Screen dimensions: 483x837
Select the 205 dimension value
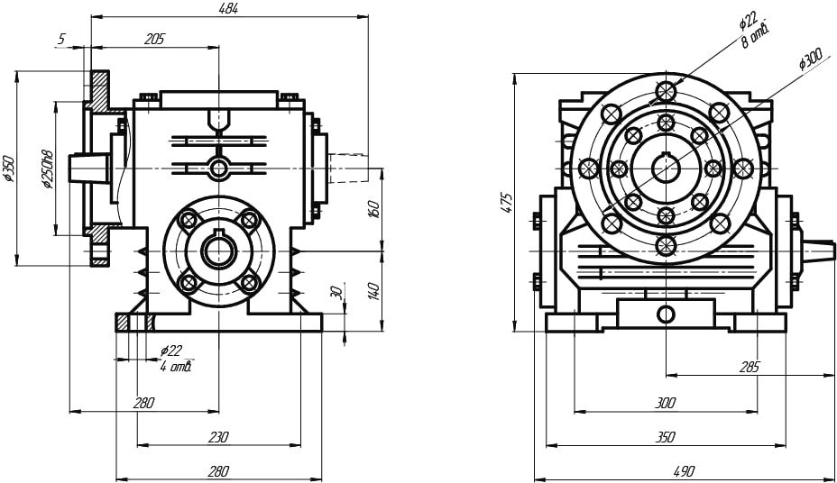pyautogui.click(x=154, y=39)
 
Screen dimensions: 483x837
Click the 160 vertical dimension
pyautogui.click(x=374, y=208)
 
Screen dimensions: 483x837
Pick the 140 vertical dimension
pyautogui.click(x=374, y=290)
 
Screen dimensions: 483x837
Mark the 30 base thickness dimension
pyautogui.click(x=336, y=294)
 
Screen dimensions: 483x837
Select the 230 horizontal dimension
pyautogui.click(x=218, y=436)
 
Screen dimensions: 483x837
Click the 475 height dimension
pyautogui.click(x=507, y=204)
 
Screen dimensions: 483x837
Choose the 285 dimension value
pyautogui.click(x=749, y=367)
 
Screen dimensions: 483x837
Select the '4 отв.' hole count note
pyautogui.click(x=177, y=366)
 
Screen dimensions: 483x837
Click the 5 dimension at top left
pyautogui.click(x=61, y=39)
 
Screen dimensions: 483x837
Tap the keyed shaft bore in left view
pyautogui.click(x=218, y=251)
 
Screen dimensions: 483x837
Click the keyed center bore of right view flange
pyautogui.click(x=666, y=168)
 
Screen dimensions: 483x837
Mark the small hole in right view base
pyautogui.click(x=666, y=314)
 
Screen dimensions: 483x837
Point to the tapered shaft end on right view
pyautogui.click(x=818, y=245)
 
